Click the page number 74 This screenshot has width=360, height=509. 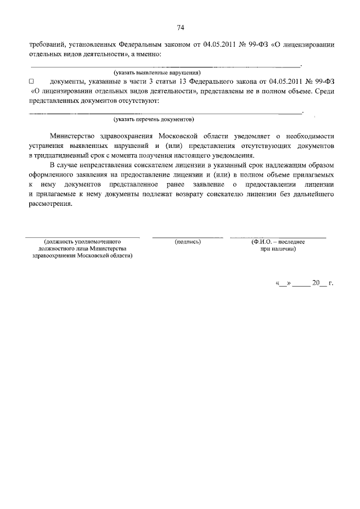[x=181, y=28]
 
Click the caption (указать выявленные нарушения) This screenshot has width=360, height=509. [x=157, y=73]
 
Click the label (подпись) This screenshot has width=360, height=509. [x=188, y=241]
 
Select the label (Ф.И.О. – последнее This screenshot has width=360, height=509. [x=278, y=241]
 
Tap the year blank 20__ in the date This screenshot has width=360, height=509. [x=318, y=283]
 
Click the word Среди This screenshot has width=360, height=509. [x=325, y=91]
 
